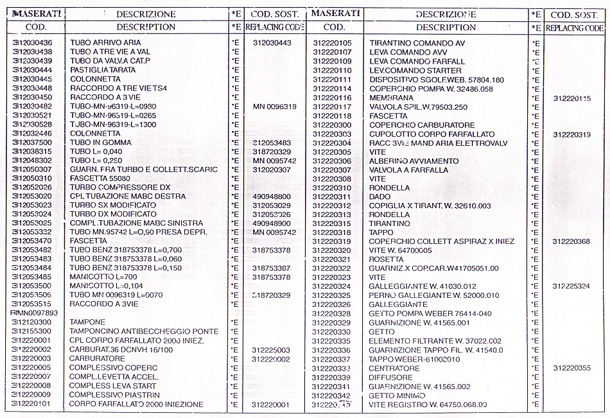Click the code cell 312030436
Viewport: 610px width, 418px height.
point(32,42)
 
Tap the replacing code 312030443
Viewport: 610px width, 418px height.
point(272,42)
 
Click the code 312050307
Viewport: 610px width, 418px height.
point(32,170)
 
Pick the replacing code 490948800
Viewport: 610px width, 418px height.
point(272,196)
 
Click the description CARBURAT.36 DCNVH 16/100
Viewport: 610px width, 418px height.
point(121,350)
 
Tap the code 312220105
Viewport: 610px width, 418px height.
point(332,43)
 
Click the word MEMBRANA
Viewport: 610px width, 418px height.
point(391,98)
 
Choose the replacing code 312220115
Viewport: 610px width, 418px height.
point(572,98)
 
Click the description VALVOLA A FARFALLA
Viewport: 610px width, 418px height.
point(409,170)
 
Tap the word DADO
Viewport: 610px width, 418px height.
point(380,196)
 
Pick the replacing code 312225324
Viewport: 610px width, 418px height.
point(572,286)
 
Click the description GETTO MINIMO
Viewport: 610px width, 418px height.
point(398,396)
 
